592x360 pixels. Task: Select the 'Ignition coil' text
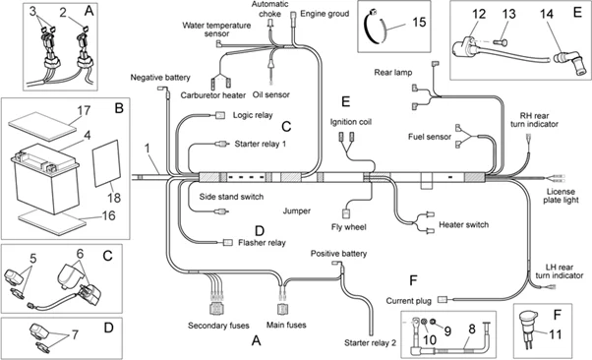point(350,123)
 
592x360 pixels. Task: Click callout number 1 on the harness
point(148,151)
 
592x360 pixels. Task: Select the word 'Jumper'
point(296,210)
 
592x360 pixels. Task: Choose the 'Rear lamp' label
point(392,72)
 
